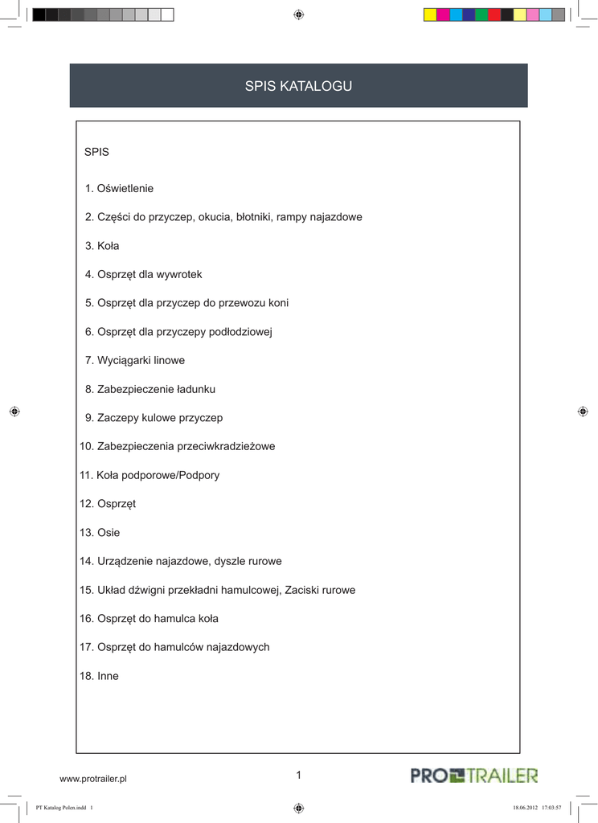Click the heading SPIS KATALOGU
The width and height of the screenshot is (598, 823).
pos(298,86)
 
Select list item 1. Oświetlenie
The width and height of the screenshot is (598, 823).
pos(119,188)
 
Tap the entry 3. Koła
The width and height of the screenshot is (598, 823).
pos(102,246)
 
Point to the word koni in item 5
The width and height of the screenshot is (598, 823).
pos(278,303)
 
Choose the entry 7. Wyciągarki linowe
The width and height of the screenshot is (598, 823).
pos(135,361)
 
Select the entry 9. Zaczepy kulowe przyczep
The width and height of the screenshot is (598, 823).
pos(154,418)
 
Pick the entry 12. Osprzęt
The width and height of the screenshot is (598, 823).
pos(108,504)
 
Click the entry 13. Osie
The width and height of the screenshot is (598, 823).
pos(100,533)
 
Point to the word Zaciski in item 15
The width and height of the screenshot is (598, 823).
pos(302,590)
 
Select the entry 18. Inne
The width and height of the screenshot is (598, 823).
pos(99,676)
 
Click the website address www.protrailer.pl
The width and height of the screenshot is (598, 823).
pos(93,779)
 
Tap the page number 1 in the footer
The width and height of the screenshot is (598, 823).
pos(298,775)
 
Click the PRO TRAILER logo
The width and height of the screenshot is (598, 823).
pos(474,776)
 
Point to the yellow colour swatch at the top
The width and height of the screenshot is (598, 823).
pos(430,14)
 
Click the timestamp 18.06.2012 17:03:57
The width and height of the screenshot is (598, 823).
pos(536,808)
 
